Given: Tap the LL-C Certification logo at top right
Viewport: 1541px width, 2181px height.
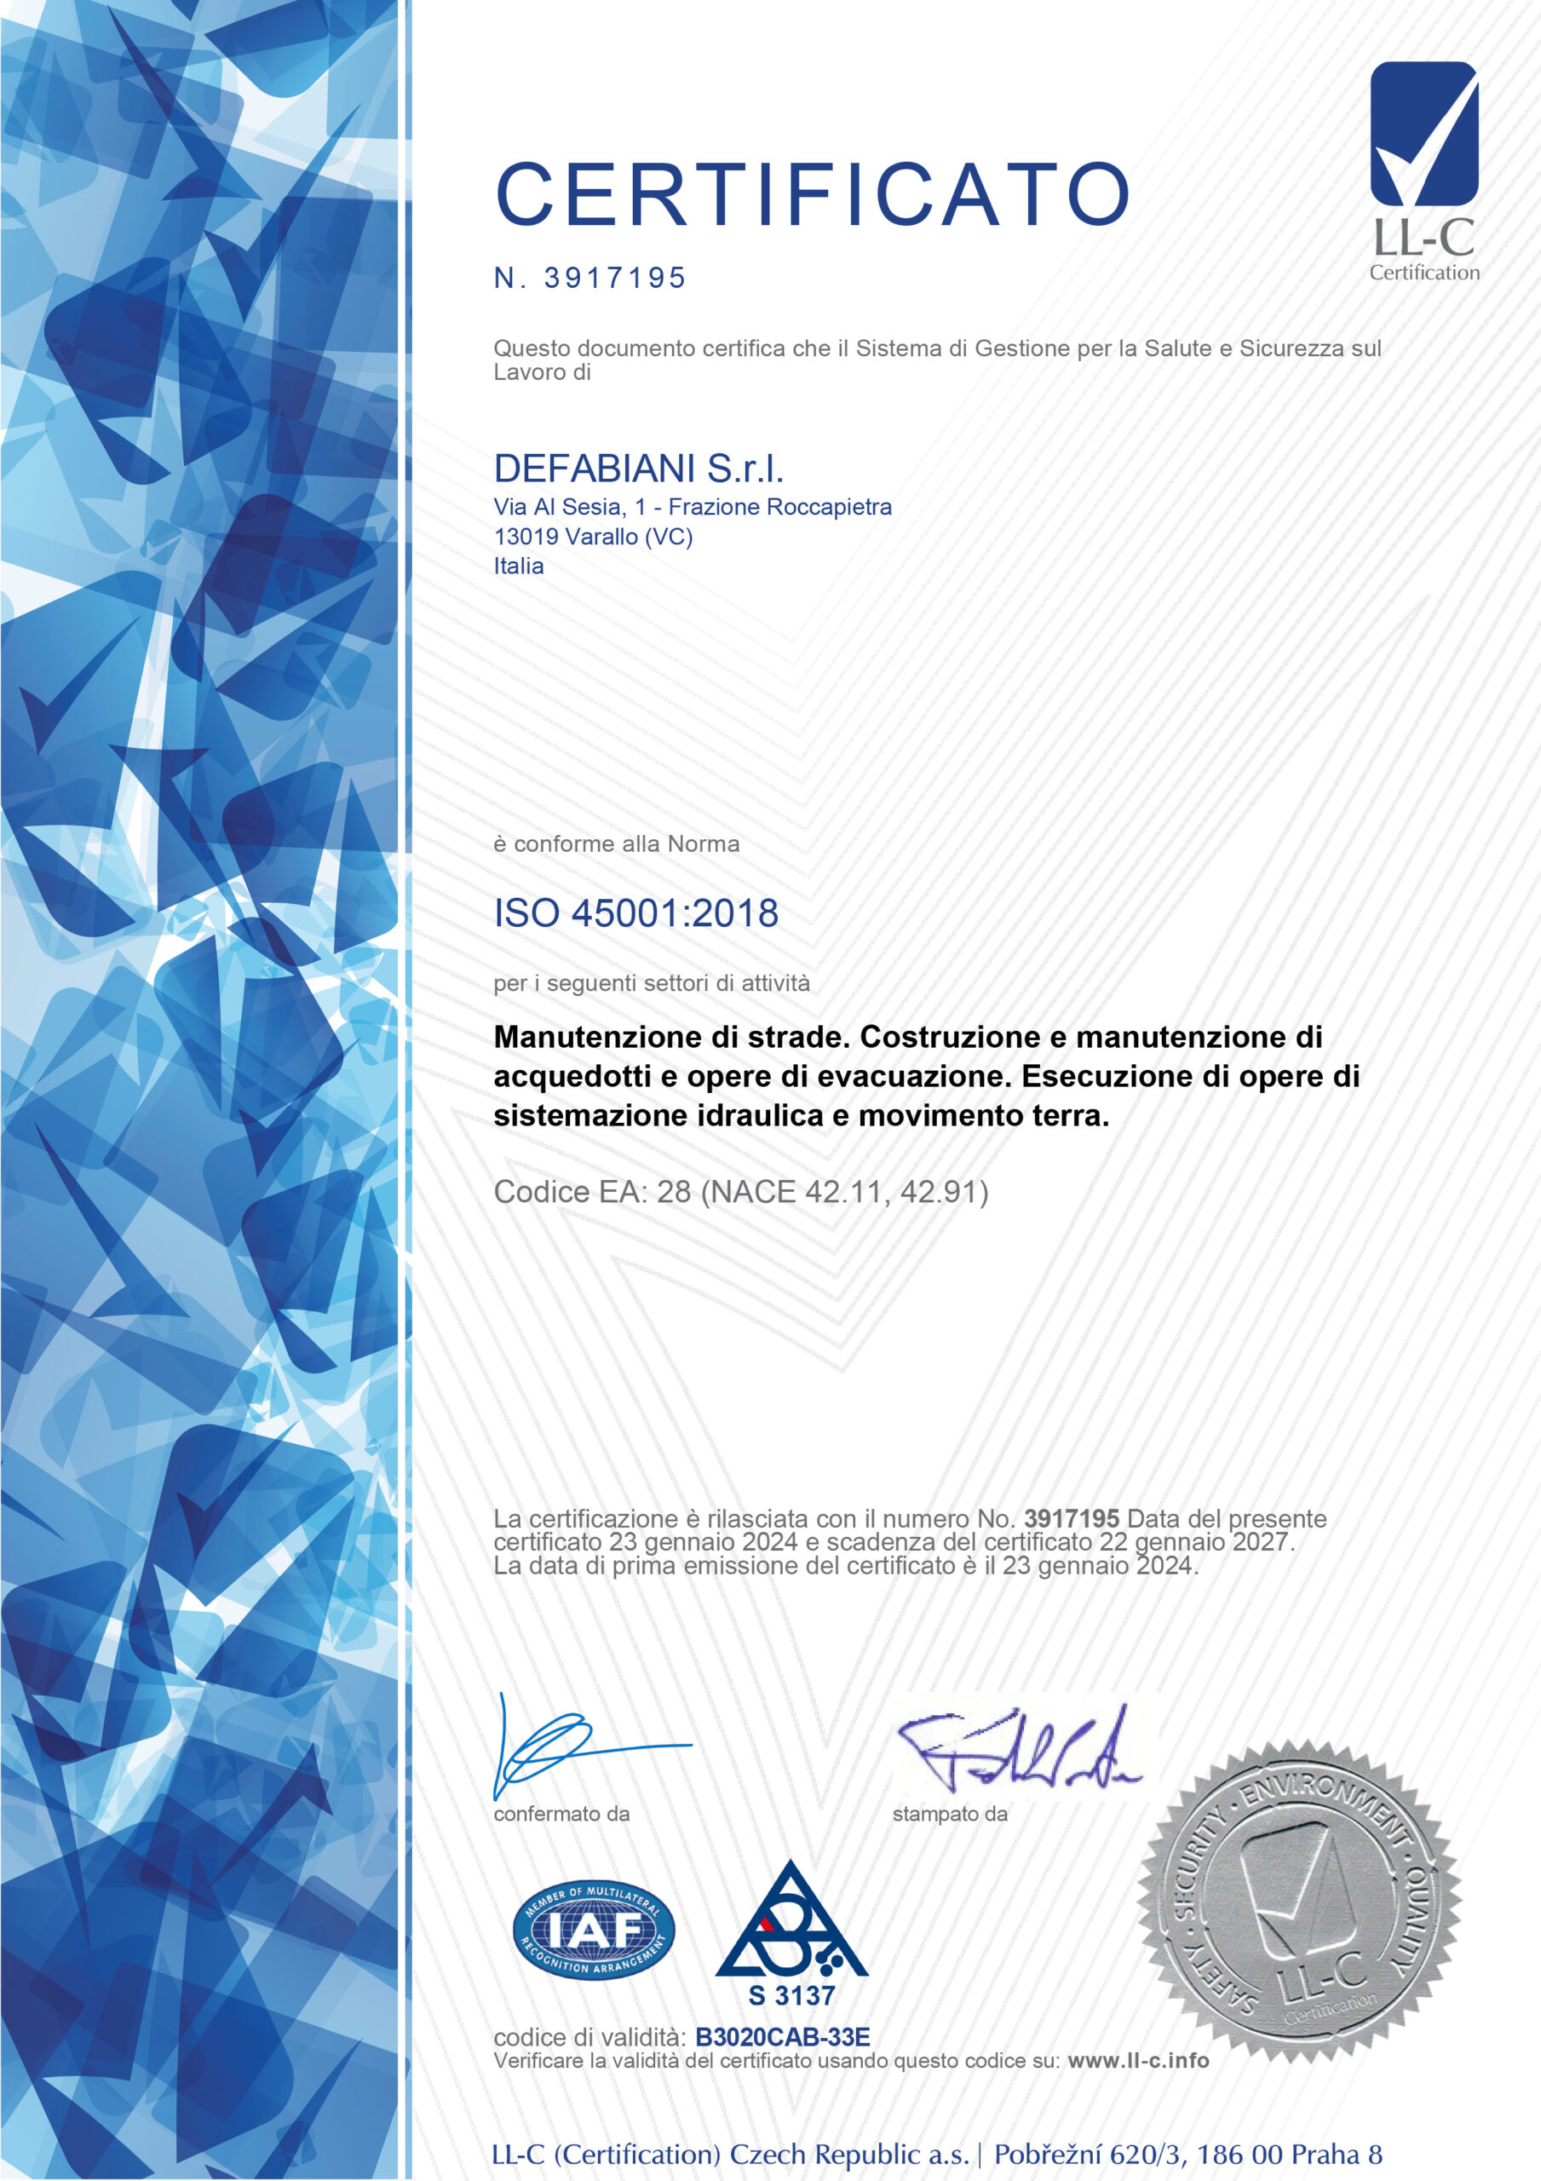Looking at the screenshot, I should pos(1423,171).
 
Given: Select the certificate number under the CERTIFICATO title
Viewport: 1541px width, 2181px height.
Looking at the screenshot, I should pos(615,279).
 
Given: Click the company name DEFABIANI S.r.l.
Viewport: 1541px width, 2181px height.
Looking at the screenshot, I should pos(638,469).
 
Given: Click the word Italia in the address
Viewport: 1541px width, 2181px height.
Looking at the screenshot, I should pos(519,567).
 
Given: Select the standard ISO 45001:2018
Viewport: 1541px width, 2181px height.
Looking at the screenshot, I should pos(635,912).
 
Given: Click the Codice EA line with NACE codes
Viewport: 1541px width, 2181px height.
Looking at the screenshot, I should pos(741,1191).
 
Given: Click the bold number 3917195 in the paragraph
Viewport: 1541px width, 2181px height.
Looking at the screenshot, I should pos(1071,1519).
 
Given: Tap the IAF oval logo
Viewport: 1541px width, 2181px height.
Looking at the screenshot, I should pos(594,1930).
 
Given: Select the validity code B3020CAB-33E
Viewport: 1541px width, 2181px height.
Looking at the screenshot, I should pos(783,2037).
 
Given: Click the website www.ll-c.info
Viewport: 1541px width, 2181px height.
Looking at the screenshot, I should pos(1138,2060).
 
